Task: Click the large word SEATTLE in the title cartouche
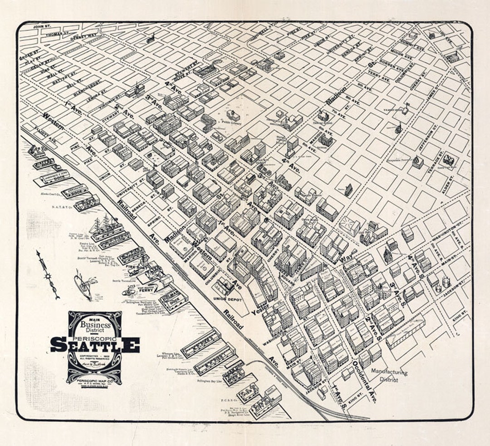click(x=95, y=345)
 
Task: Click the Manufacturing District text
click(x=389, y=375)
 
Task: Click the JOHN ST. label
click(x=42, y=27)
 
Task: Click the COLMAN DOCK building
click(x=173, y=300)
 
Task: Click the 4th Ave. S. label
click(x=415, y=263)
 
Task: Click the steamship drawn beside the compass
click(x=83, y=286)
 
